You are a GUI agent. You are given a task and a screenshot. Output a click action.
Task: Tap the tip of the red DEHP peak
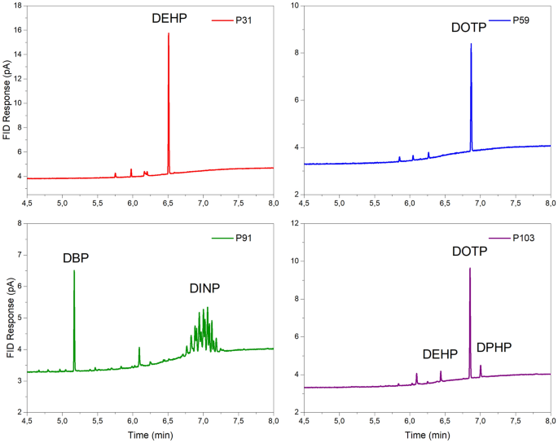[169, 33]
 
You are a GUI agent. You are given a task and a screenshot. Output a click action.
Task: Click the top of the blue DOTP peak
[471, 44]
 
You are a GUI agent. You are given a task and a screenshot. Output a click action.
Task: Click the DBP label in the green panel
[76, 258]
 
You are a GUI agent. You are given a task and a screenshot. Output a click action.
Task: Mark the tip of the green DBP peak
[74, 270]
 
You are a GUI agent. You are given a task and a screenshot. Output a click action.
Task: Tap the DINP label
[204, 287]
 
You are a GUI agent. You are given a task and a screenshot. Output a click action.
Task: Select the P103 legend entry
[524, 238]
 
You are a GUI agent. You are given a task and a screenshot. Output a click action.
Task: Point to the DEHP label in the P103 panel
[441, 354]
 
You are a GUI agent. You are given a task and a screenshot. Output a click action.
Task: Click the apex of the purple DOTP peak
[470, 268]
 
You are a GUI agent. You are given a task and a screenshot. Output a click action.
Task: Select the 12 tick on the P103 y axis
[292, 223]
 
